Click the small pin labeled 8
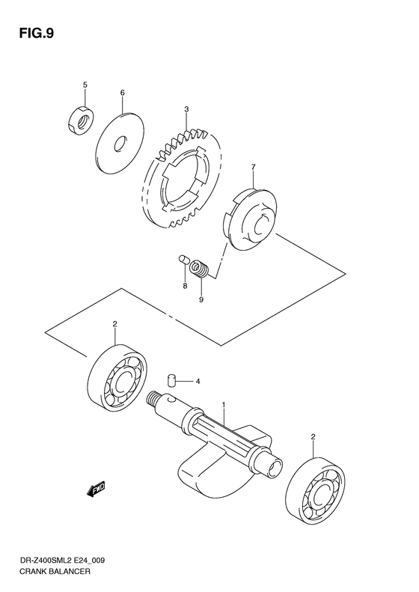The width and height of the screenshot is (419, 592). [182, 260]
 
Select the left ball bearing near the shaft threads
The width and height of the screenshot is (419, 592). [119, 380]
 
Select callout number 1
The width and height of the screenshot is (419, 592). [223, 405]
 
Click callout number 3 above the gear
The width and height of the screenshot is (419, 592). [186, 109]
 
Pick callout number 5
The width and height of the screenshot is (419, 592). [85, 85]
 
